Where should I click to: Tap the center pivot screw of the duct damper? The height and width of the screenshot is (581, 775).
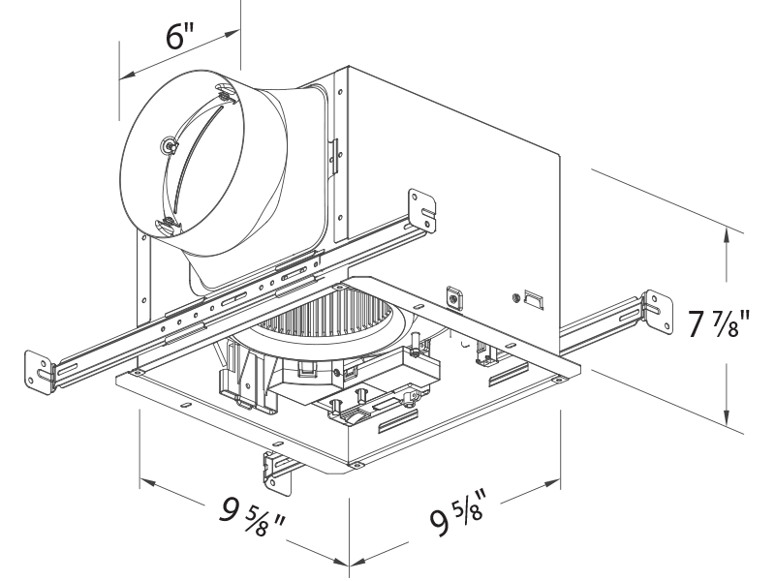pos(170,146)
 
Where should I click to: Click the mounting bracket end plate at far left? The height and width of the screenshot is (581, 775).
pos(42,370)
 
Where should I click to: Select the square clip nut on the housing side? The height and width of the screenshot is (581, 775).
pos(451,295)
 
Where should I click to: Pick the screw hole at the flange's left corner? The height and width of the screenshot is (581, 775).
pos(139,373)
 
